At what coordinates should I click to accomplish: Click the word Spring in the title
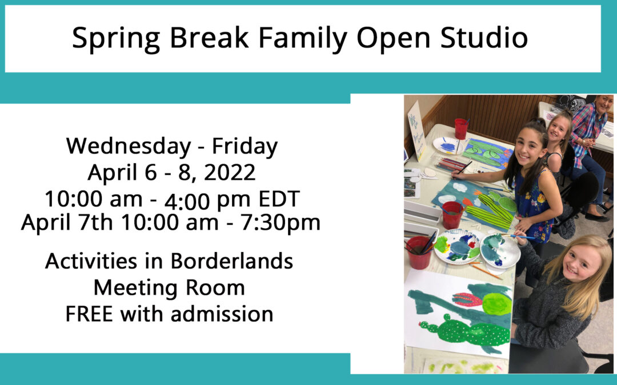point(116,39)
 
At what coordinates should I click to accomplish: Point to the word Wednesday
point(129,146)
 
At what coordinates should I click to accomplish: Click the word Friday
point(245,146)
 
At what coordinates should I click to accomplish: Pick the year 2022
point(230,172)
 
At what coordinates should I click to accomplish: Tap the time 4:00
point(187,201)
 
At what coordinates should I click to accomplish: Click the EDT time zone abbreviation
point(279,199)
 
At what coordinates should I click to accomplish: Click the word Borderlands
point(232,261)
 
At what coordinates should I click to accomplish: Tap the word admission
point(222,314)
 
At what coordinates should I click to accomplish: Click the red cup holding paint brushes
point(419,252)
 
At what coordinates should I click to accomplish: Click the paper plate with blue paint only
point(448,145)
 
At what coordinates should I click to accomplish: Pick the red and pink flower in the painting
point(467,300)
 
